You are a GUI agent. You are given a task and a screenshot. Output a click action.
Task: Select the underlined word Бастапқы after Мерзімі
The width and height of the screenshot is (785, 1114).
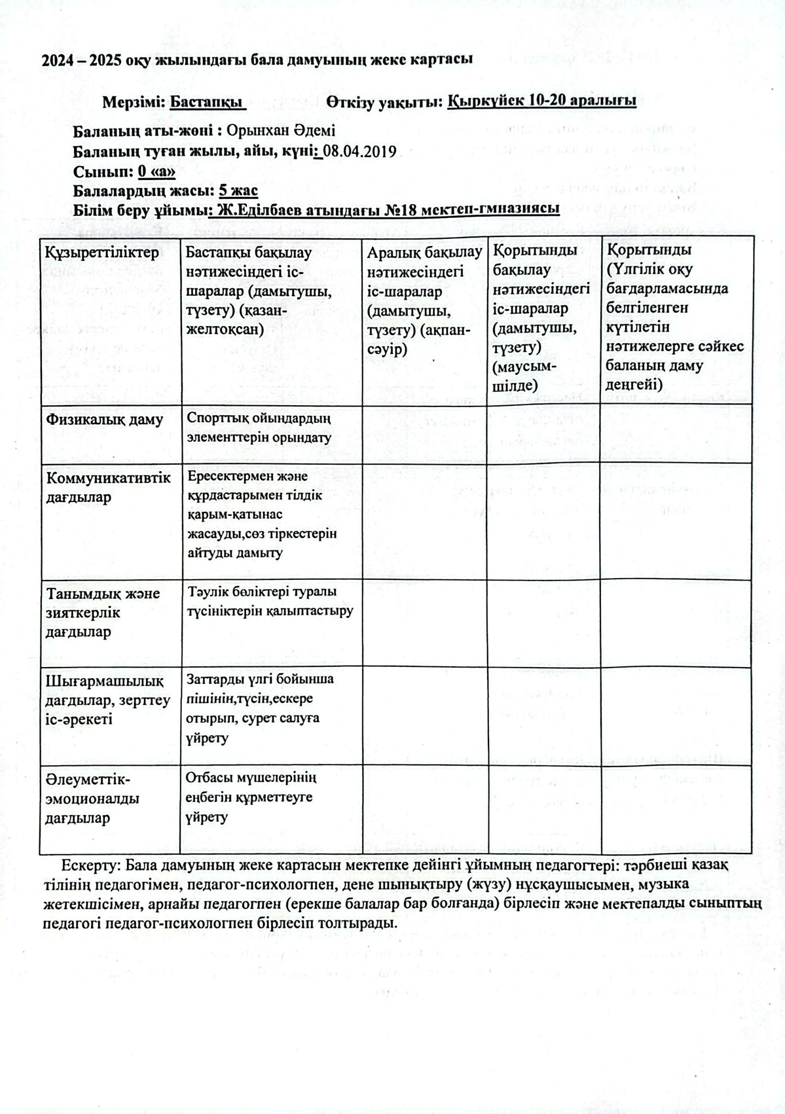click(x=208, y=102)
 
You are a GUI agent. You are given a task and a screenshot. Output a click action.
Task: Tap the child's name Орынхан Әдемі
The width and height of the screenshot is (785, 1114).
click(x=281, y=131)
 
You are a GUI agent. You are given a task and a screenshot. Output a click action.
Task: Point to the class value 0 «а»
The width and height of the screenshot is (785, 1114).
click(x=156, y=172)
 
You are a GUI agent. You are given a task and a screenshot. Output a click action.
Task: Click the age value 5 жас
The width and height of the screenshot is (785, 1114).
click(x=238, y=191)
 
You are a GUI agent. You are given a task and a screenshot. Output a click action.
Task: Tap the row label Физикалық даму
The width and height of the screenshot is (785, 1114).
click(x=104, y=420)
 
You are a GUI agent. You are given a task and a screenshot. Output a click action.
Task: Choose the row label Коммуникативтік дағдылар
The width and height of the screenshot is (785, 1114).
click(x=108, y=487)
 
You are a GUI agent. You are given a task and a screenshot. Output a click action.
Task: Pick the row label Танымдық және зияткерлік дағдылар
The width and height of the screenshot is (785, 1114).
click(x=103, y=613)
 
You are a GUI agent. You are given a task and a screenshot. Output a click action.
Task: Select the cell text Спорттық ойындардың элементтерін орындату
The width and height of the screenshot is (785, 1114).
click(x=259, y=428)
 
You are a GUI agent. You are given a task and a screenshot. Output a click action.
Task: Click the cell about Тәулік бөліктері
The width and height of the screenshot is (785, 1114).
click(x=270, y=602)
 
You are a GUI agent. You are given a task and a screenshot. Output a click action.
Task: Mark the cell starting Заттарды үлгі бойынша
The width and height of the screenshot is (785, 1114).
click(x=261, y=708)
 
